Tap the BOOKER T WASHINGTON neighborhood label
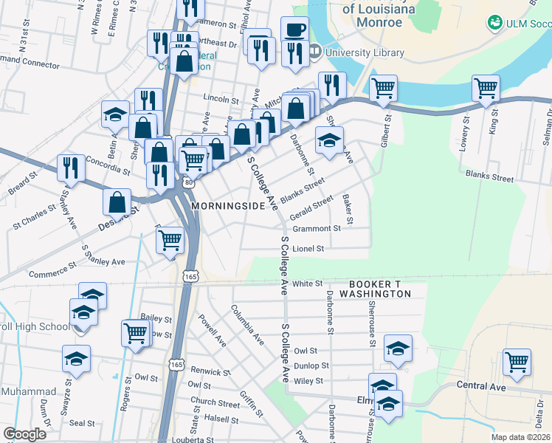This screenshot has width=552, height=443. point(379,289)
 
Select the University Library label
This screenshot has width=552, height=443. point(365,52)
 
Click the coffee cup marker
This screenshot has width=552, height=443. point(294,30)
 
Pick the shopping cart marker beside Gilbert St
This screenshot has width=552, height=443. point(384,89)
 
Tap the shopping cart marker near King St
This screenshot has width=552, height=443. point(486,88)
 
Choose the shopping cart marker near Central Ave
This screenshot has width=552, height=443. point(517,363)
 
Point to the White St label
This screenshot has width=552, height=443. point(308,283)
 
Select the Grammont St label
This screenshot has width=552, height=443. point(316,229)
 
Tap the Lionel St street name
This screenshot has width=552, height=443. point(308,249)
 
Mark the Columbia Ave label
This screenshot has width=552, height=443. point(247,325)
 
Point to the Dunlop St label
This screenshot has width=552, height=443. point(311,365)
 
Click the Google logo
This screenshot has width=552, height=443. point(25,434)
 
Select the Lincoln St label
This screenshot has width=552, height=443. point(221,98)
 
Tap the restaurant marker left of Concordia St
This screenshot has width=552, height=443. point(71,167)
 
